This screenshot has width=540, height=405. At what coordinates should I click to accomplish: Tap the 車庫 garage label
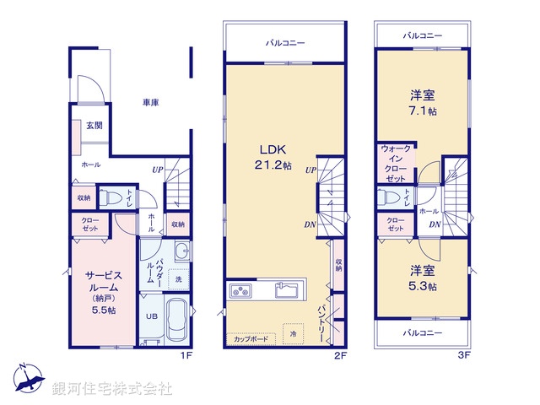151,102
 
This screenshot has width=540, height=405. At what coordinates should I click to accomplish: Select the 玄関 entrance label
94,126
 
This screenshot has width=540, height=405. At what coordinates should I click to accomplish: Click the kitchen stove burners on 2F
240,292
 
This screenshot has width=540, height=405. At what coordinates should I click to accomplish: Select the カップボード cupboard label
251,339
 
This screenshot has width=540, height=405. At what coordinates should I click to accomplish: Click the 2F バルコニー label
284,41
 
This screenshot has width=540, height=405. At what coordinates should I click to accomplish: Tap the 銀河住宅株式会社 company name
112,389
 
